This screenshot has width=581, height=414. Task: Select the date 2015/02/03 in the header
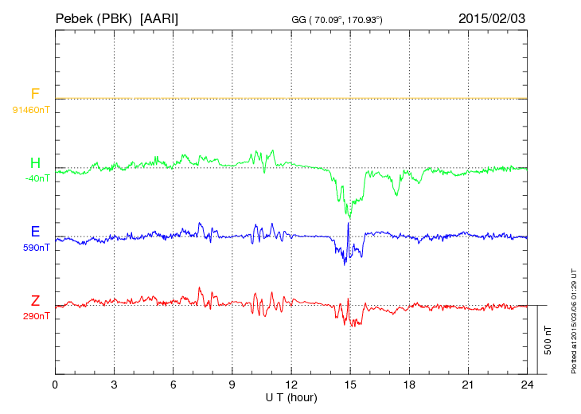[492, 18]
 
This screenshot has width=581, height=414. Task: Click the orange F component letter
[35, 94]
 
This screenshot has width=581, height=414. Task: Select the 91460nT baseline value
[31, 109]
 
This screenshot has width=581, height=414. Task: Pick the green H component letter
[35, 163]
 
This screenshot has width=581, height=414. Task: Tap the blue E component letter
[35, 232]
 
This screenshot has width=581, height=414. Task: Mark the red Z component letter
[35, 301]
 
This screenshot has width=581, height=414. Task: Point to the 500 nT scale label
[548, 340]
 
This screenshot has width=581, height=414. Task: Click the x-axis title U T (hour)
[291, 396]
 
